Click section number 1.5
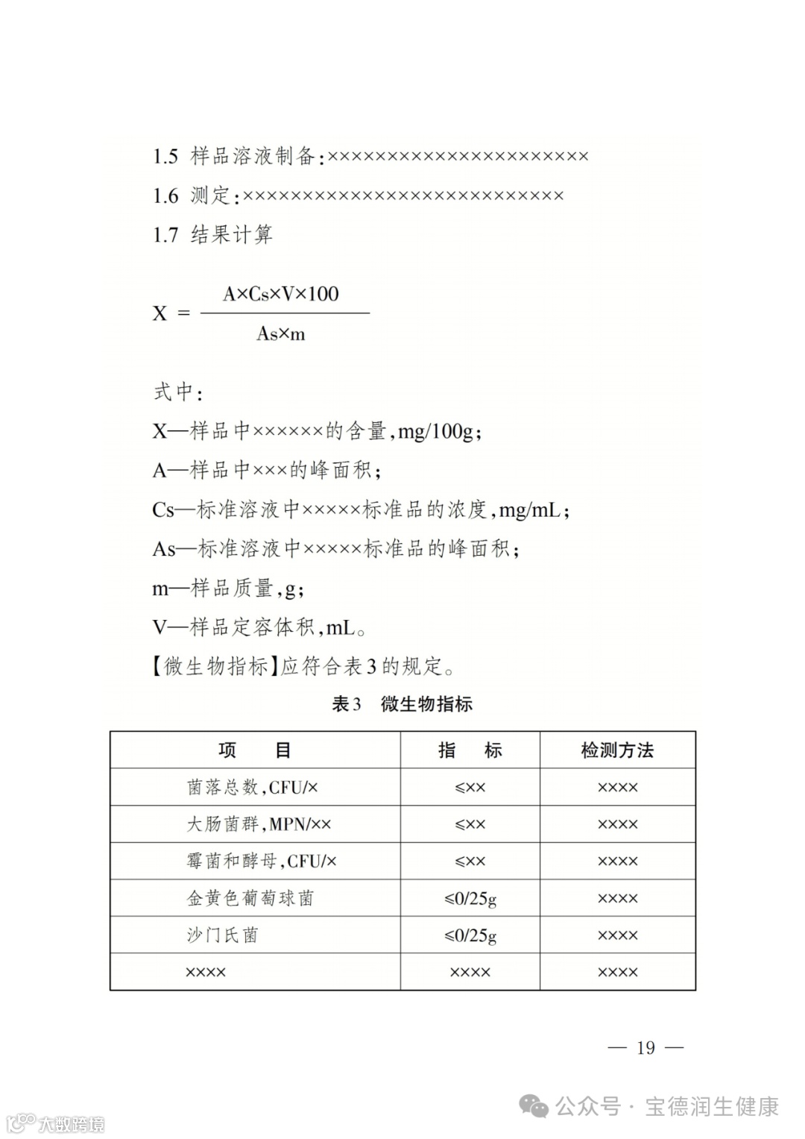[x=165, y=156]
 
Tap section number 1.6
[x=165, y=195]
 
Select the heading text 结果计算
[x=232, y=235]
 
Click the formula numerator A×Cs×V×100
[x=281, y=294]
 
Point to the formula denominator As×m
[x=281, y=333]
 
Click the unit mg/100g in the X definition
[x=435, y=431]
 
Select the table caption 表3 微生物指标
[x=402, y=704]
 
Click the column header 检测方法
[x=617, y=750]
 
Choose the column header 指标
[x=470, y=750]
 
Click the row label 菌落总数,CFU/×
[x=253, y=787]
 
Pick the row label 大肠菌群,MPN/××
[x=259, y=824]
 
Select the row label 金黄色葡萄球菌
[x=250, y=898]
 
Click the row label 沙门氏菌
[x=222, y=935]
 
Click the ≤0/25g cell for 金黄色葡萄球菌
[x=470, y=898]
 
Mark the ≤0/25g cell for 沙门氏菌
[x=470, y=935]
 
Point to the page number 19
[x=645, y=1048]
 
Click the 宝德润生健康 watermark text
[x=712, y=1106]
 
